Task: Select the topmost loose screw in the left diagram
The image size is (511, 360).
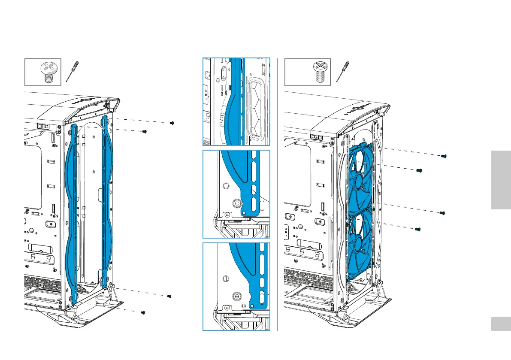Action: tap(172, 123)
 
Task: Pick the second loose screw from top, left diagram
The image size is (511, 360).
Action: tap(145, 132)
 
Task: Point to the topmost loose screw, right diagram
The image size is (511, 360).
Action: tap(444, 157)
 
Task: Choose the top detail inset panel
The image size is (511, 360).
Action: tap(236, 102)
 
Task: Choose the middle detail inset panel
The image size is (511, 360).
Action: tap(236, 194)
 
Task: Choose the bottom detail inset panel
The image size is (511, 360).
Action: tap(236, 287)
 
